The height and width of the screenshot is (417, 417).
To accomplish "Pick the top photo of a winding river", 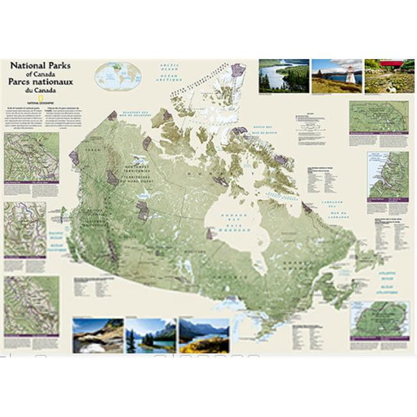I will coord(282,76).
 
